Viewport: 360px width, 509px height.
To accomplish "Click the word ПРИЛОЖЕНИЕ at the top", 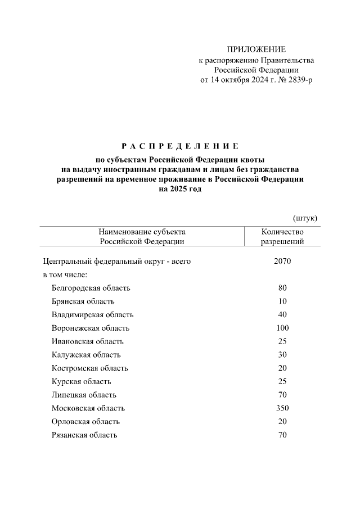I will coord(256,49).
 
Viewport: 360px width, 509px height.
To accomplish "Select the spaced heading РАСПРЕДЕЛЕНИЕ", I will coord(180,146).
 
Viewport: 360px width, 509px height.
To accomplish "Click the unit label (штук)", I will coord(305,217).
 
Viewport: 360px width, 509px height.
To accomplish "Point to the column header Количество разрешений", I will coord(282,237).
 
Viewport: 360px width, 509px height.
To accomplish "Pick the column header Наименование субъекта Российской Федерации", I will coord(142,237).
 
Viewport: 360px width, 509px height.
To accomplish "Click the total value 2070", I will coord(282,261).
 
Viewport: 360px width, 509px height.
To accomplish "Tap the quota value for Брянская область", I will coord(282,301).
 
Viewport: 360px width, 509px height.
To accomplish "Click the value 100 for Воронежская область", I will coord(282,328).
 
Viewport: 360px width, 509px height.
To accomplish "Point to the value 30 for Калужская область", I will coord(282,355).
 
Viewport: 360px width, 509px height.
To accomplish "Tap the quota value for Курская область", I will coord(282,381).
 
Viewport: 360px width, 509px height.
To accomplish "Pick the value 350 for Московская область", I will coord(282,408).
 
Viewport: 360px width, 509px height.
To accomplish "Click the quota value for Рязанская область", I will coord(282,435).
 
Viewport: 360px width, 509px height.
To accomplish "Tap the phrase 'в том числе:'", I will coord(65,274).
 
